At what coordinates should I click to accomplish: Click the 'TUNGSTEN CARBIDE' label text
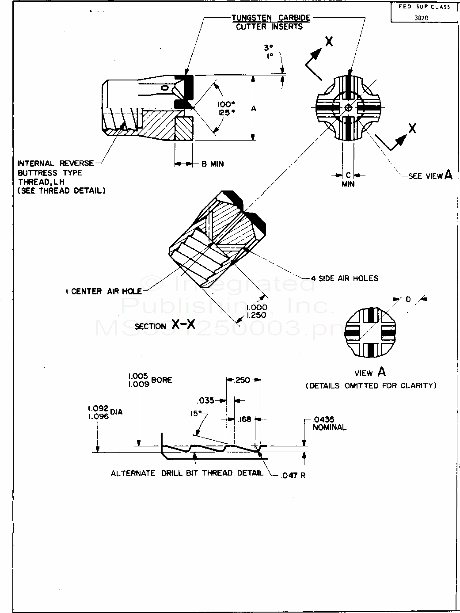point(271,18)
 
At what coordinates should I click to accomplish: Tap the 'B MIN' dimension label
point(213,164)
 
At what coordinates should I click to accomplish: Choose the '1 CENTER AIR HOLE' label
point(103,291)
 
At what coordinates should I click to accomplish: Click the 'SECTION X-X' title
point(165,325)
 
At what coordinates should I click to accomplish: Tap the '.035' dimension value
point(206,401)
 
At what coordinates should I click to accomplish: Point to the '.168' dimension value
point(244,419)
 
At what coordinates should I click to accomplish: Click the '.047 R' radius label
point(293,476)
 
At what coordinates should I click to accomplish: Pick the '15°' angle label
point(196,414)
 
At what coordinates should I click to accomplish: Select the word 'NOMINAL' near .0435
point(330,427)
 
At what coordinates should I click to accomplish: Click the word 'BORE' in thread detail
point(162,380)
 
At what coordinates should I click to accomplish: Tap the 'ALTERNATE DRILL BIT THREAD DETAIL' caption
point(187,473)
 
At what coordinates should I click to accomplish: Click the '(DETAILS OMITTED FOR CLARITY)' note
point(372,385)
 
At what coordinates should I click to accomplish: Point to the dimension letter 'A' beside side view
point(253,108)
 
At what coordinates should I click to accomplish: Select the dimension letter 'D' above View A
point(408,300)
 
